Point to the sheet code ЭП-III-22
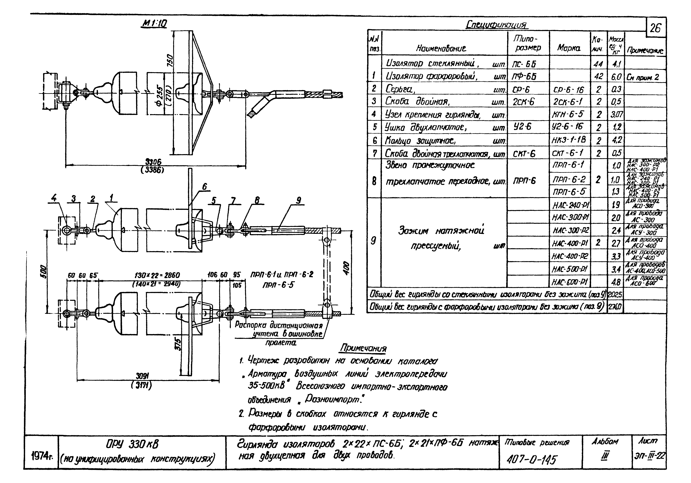(x=649, y=456)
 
